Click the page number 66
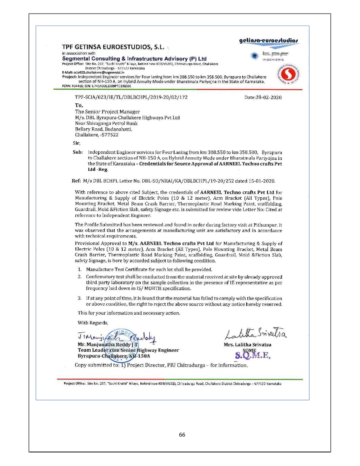[182, 435]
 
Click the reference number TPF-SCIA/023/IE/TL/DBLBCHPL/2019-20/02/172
[131, 97]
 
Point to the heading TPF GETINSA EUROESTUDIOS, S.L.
[113, 47]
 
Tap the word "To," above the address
[79, 105]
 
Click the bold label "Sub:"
[78, 152]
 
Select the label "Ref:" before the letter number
[76, 181]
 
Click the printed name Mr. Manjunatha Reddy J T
[108, 345]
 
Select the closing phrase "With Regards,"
[93, 323]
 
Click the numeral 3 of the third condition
[80, 298]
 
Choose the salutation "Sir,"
[77, 143]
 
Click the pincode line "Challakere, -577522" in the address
[97, 135]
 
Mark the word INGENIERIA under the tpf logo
[273, 60]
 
